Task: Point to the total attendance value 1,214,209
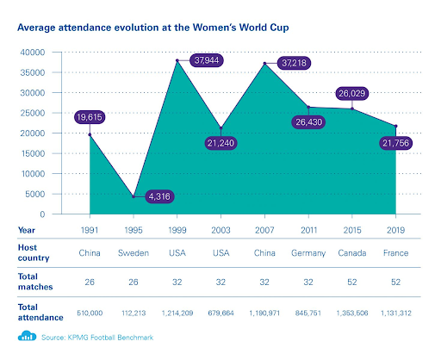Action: tap(177, 313)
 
